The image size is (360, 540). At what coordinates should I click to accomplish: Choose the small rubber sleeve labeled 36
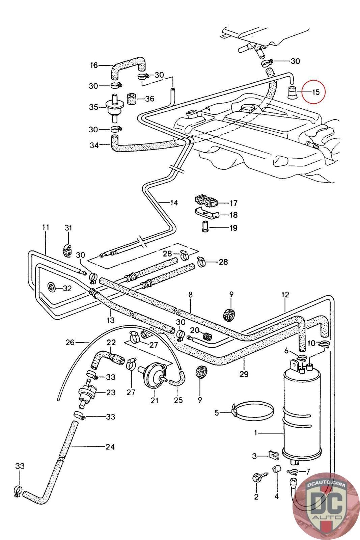(131, 99)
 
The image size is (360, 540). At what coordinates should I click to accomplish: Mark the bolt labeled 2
(257, 478)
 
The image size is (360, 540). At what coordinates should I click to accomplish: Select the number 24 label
(110, 447)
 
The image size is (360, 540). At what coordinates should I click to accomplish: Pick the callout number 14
(173, 203)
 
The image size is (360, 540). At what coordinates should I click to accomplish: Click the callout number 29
(244, 374)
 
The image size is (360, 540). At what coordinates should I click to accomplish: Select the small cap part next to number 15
(293, 92)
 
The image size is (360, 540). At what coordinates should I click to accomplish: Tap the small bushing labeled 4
(277, 469)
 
